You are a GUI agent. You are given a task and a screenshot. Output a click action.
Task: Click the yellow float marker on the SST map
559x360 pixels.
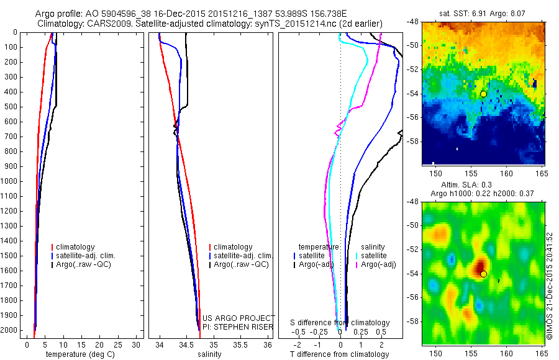pyautogui.click(x=483, y=94)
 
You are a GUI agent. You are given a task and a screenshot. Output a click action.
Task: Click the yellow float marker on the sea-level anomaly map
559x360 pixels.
pyautogui.click(x=483, y=274)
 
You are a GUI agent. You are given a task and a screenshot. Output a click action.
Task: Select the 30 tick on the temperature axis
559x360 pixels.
pyautogui.click(x=138, y=344)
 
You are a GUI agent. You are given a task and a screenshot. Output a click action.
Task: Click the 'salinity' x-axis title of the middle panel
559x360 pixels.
pyautogui.click(x=209, y=354)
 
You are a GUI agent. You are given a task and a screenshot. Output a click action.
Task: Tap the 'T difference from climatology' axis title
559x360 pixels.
pyautogui.click(x=339, y=354)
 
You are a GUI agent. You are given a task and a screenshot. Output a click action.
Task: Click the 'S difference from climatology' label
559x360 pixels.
pyautogui.click(x=340, y=323)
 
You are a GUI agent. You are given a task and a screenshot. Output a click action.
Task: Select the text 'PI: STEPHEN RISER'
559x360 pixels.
pyautogui.click(x=239, y=326)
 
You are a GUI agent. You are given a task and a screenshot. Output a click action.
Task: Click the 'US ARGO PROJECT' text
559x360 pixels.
pyautogui.click(x=239, y=317)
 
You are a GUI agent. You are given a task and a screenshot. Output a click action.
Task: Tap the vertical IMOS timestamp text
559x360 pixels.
pyautogui.click(x=550, y=286)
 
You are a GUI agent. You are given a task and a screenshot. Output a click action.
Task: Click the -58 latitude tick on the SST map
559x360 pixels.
pyautogui.click(x=412, y=141)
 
